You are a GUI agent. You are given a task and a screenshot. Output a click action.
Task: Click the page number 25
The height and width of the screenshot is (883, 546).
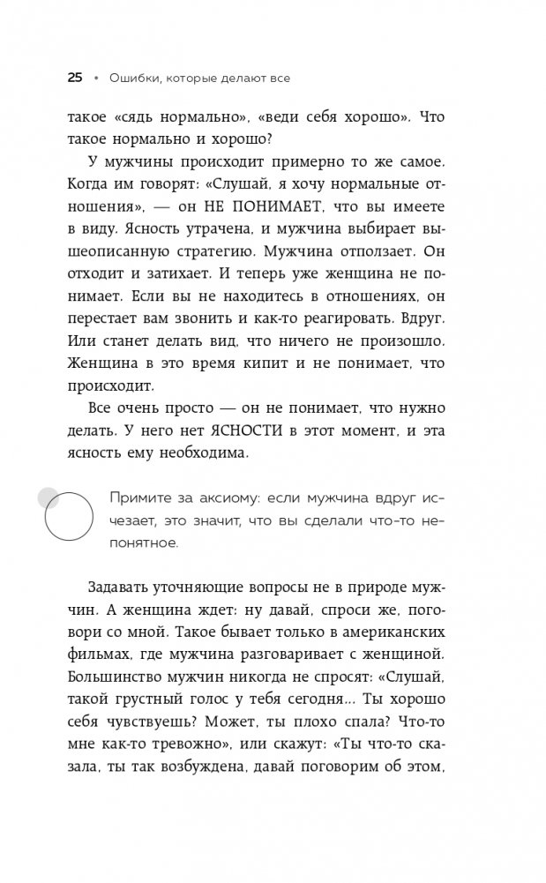point(75,78)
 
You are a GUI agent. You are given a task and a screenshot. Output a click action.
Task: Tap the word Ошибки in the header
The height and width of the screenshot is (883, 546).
point(132,79)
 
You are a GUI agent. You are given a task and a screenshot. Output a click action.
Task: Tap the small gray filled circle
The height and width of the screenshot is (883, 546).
point(48,498)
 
